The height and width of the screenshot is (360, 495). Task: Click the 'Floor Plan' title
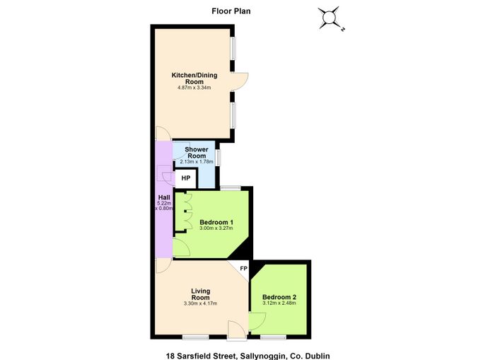231,11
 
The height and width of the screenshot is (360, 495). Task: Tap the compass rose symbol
330,18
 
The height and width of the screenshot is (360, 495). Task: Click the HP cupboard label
186,178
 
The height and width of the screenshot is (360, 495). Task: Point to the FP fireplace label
243,269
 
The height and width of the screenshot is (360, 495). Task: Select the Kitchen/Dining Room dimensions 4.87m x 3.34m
194,88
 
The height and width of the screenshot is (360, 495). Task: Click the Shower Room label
197,153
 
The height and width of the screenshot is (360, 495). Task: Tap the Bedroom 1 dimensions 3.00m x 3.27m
216,228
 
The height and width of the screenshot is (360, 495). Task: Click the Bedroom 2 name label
279,297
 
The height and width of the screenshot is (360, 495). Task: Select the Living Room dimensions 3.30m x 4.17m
200,304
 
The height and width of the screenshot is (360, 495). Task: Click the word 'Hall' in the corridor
164,197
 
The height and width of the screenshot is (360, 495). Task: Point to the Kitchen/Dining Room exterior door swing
240,81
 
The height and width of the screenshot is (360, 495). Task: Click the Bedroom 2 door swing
257,322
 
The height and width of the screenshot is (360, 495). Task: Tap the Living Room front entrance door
237,330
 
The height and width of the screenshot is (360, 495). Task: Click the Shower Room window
218,157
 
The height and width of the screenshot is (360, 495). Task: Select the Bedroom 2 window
274,337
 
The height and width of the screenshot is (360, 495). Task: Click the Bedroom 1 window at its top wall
231,188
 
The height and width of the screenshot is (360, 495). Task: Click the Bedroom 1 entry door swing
181,248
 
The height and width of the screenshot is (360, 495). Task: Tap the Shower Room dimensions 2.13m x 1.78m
197,162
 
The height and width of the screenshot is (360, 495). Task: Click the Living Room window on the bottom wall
196,337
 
